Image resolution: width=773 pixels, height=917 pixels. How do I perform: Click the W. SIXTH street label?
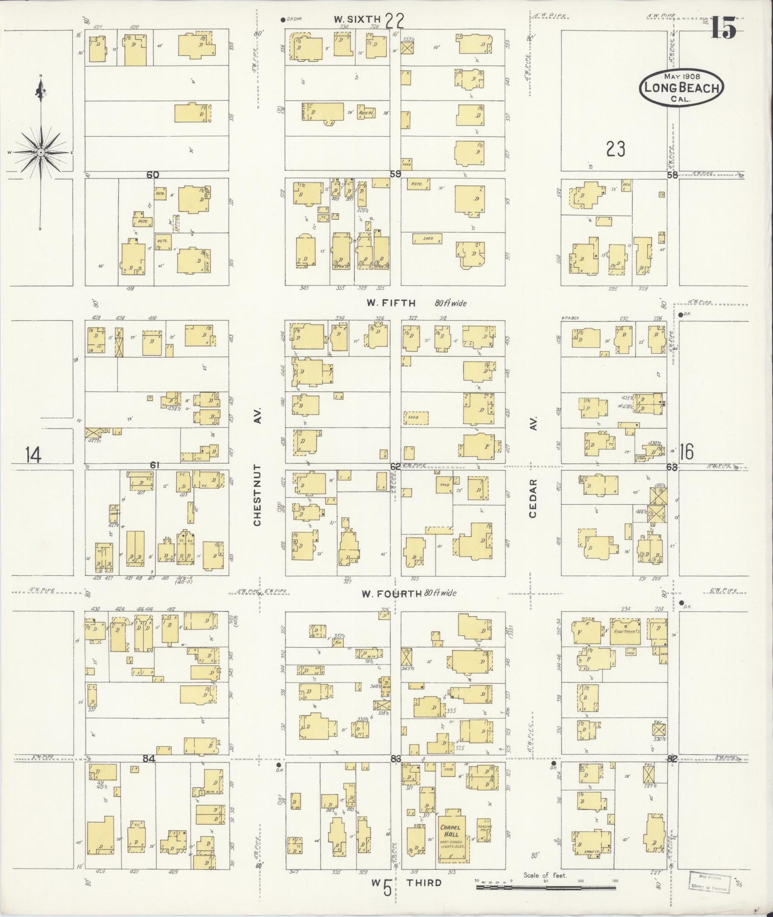point(354,19)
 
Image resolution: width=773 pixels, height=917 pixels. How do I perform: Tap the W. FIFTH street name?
point(391,303)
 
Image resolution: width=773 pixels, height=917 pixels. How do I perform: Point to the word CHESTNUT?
point(257,495)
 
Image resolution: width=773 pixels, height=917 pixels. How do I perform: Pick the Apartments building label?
point(625,631)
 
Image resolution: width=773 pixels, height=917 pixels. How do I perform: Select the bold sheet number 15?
point(723,28)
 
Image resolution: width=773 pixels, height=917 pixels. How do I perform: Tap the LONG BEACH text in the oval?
point(682,88)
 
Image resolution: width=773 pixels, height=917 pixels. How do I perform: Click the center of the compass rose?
point(41,153)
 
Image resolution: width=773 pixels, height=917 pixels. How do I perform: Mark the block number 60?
point(153,174)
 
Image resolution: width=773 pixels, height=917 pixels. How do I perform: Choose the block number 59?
point(395,174)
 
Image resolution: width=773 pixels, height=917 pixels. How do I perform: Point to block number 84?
point(149,758)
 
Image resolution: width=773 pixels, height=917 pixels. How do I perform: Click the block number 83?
point(396,759)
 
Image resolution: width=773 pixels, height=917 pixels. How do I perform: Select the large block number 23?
point(616,149)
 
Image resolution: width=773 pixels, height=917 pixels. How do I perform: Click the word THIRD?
point(424,883)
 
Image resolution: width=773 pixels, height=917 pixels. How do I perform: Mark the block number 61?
point(154,465)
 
